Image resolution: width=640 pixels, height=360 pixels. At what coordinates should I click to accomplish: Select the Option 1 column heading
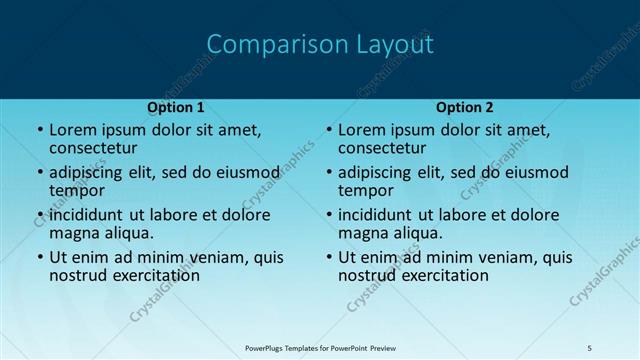point(176,107)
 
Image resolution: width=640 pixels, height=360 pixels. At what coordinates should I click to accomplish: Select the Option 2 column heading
point(465,107)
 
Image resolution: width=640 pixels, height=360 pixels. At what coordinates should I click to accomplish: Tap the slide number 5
point(590,347)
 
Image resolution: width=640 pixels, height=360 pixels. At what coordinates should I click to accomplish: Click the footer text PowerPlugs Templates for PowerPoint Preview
point(320,347)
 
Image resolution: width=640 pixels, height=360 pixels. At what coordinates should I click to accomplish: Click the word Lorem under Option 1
point(71,129)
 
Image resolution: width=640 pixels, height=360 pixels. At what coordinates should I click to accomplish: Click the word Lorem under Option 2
point(360,129)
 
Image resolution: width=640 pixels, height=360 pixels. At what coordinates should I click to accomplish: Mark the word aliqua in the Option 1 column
point(130,233)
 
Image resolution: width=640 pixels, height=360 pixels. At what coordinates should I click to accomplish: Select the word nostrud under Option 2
point(368,275)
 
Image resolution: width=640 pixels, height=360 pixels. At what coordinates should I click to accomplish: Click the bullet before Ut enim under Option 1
point(39,257)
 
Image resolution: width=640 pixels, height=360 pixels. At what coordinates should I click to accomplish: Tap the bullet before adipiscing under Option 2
point(328,172)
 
